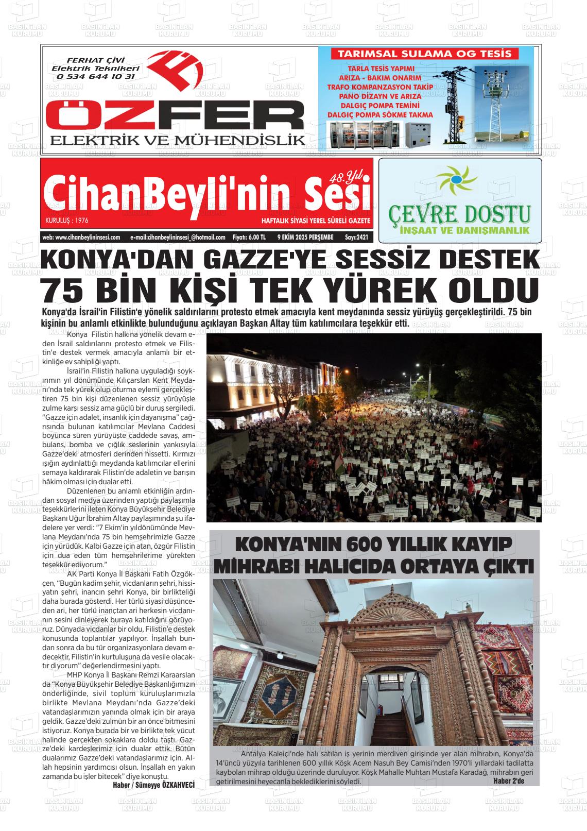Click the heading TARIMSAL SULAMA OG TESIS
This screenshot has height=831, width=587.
point(424,54)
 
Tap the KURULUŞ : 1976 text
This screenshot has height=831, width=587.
point(67,221)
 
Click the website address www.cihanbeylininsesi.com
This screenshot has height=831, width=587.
point(81,238)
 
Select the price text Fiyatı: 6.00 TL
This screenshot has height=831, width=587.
point(249,238)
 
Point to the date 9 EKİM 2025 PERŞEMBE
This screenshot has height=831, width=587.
point(305,238)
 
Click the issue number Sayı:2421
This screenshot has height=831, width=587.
point(356,238)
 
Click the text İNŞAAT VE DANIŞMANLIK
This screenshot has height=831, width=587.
point(459,230)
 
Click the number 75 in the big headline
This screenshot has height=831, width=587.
point(66,290)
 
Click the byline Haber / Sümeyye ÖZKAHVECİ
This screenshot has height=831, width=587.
point(153,785)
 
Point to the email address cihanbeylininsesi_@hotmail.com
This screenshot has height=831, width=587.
point(178,238)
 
